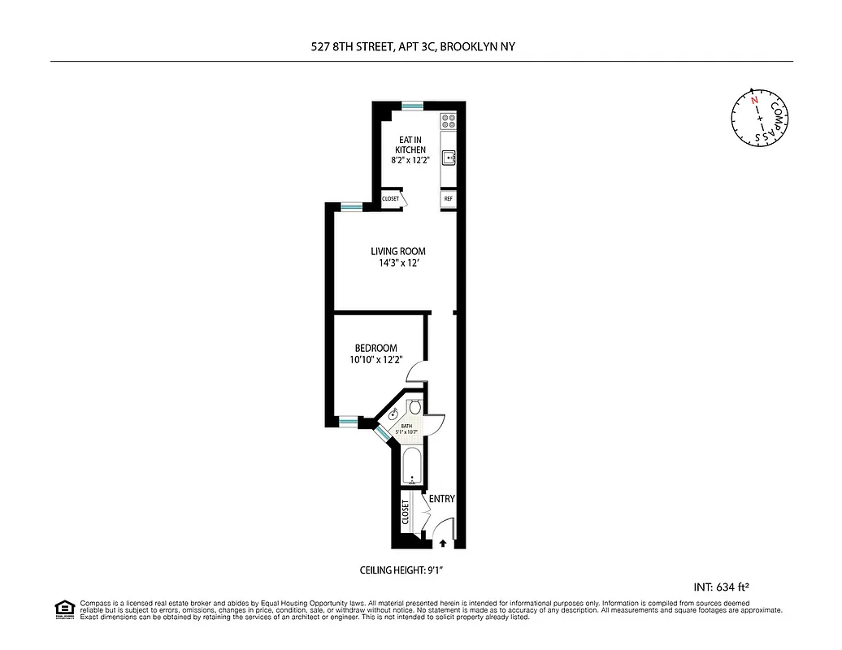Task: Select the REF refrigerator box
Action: point(448,198)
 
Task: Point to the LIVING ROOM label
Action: point(398,251)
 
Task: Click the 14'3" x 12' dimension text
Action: point(398,263)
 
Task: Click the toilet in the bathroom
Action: point(415,407)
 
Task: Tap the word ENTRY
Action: point(441,499)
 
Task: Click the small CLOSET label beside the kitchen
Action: point(391,199)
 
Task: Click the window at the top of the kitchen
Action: point(413,104)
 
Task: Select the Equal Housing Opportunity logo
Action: point(63,609)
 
